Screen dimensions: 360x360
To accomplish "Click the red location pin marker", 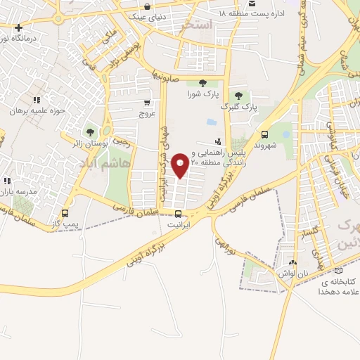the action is click(x=181, y=165).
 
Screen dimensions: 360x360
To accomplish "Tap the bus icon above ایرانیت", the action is click(x=178, y=214).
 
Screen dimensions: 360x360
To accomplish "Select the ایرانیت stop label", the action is click(x=178, y=225).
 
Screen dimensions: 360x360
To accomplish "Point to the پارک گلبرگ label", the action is click(x=240, y=107).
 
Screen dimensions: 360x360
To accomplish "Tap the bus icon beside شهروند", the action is click(x=264, y=134).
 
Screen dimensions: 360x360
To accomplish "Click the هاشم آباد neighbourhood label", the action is click(x=105, y=162).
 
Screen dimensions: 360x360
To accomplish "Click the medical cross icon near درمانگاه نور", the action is click(x=18, y=27).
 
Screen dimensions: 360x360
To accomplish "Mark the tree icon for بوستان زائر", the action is click(x=89, y=131).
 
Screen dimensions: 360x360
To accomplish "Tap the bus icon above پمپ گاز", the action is click(x=65, y=213).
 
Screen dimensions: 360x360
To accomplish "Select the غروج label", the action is click(x=146, y=112).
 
